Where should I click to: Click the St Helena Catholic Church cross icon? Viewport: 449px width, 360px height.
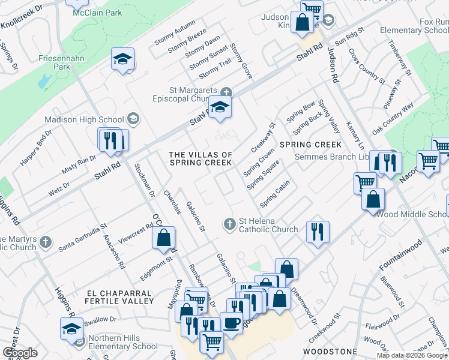[229, 224]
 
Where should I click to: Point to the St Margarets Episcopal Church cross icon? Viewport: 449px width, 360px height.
[226, 92]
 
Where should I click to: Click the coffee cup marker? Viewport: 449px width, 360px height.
[232, 322]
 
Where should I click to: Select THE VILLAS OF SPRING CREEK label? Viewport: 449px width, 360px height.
[200, 159]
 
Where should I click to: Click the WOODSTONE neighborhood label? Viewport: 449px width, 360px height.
[330, 351]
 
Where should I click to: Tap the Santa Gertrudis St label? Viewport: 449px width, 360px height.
[83, 238]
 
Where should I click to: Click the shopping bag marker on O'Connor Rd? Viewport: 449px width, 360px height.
[163, 238]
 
